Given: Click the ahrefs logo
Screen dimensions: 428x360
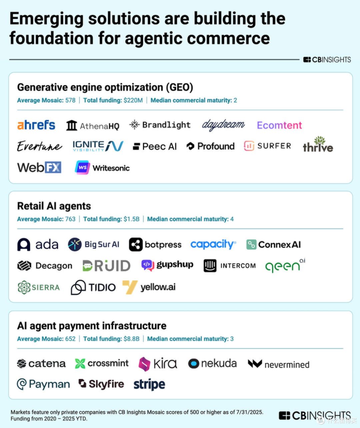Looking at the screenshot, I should pyautogui.click(x=36, y=125).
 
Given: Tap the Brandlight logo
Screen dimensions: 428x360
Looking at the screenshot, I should pyautogui.click(x=160, y=125).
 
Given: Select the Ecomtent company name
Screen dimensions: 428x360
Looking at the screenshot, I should pyautogui.click(x=279, y=125).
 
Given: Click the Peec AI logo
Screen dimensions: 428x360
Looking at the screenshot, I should pyautogui.click(x=155, y=146).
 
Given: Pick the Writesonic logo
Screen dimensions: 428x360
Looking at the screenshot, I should pyautogui.click(x=102, y=168).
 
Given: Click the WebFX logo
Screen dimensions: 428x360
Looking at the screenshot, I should pyautogui.click(x=39, y=167).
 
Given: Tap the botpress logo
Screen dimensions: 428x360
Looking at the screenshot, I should pyautogui.click(x=155, y=245).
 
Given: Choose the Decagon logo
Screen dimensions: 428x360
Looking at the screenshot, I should pyautogui.click(x=45, y=266).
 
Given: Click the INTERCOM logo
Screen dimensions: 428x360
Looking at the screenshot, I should pyautogui.click(x=230, y=266).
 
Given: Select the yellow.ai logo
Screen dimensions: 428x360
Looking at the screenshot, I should pyautogui.click(x=149, y=287).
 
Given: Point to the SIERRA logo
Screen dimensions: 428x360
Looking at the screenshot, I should pyautogui.click(x=39, y=287).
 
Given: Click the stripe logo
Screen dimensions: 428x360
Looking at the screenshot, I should pyautogui.click(x=149, y=384).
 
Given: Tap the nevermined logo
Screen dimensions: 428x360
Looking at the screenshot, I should pyautogui.click(x=279, y=364).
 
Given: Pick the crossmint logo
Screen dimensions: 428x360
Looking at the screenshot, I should pyautogui.click(x=102, y=363).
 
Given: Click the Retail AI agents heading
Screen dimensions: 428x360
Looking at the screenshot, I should pyautogui.click(x=54, y=206).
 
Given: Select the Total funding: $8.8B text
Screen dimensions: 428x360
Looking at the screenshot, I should pyautogui.click(x=111, y=339).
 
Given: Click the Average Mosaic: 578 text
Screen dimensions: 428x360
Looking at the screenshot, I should pyautogui.click(x=46, y=100).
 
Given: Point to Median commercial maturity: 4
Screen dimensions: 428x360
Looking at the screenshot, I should pyautogui.click(x=190, y=219).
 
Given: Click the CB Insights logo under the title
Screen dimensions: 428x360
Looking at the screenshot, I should pyautogui.click(x=327, y=60).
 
